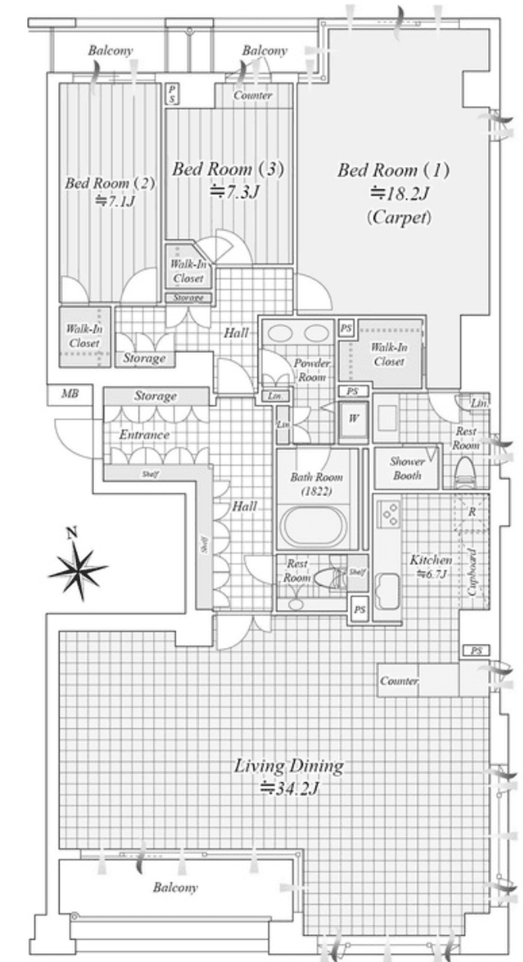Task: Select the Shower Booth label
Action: click(406, 468)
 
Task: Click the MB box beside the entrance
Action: click(70, 394)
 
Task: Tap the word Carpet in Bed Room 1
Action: click(399, 217)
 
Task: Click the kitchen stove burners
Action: click(390, 514)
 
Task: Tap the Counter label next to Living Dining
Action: click(400, 681)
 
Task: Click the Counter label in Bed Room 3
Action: click(253, 96)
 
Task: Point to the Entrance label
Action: click(144, 435)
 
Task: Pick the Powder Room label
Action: click(312, 369)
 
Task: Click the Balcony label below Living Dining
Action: click(176, 888)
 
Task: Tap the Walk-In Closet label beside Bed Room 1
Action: click(386, 354)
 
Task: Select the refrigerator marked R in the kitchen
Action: click(472, 512)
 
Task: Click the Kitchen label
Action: click(431, 561)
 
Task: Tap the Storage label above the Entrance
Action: click(155, 396)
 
